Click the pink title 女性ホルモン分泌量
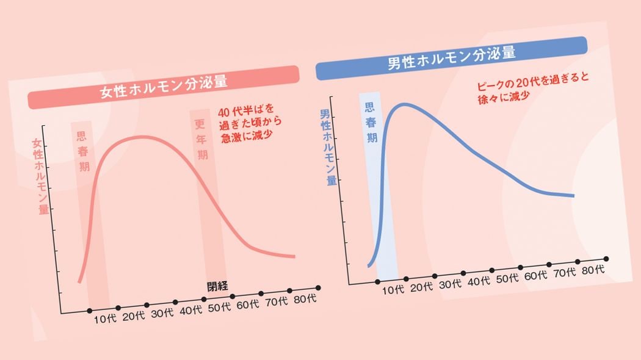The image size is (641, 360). tap(163, 87)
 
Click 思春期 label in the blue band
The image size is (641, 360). tap(371, 123)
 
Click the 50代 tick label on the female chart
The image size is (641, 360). tap(219, 307)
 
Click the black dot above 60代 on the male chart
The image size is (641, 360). tap(549, 264)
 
